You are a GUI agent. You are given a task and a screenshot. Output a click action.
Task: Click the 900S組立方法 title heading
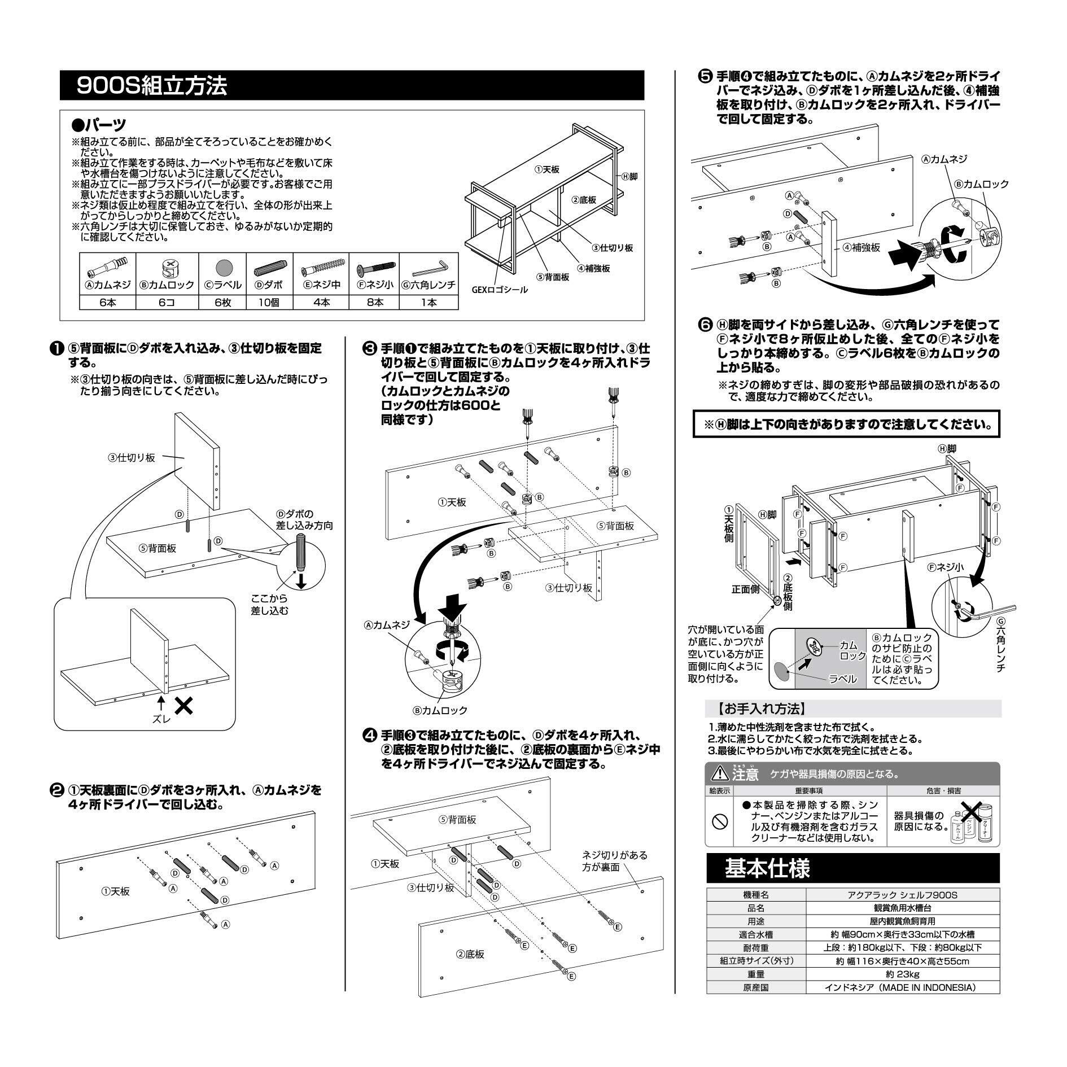click(152, 86)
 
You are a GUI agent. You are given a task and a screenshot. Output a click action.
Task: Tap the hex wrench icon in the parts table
click(428, 264)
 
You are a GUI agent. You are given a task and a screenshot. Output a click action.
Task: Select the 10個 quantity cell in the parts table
click(270, 302)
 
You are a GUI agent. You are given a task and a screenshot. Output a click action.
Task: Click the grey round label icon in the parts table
click(222, 266)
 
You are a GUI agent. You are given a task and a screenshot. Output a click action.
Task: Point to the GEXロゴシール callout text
click(500, 290)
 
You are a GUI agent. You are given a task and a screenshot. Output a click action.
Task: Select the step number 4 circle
click(369, 736)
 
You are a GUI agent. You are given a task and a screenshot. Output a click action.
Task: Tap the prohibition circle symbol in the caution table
click(719, 822)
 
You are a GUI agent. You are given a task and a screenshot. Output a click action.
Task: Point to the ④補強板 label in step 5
click(862, 247)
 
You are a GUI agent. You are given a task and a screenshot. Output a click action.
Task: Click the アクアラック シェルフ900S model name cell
click(903, 895)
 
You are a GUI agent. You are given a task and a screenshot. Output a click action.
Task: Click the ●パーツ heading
click(99, 124)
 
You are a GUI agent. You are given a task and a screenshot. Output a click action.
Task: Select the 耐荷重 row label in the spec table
click(756, 947)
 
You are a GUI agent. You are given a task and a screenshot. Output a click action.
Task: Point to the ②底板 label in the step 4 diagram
click(470, 954)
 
